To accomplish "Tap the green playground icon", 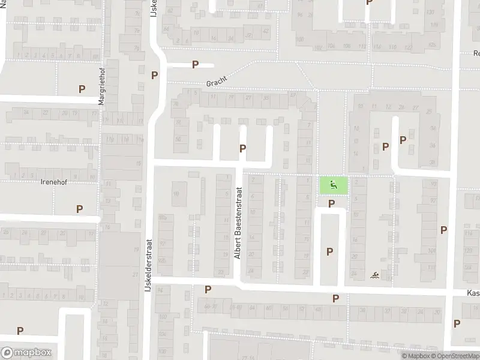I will tap(333, 185).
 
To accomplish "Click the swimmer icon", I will tap(374, 275).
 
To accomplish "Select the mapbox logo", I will tap(26, 353).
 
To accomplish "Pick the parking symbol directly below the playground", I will tap(331, 204).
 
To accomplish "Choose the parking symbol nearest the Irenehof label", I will tap(79, 209).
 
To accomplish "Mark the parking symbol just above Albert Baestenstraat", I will tap(242, 148).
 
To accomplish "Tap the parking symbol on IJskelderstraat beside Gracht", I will tap(155, 76).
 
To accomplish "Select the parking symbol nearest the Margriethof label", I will tap(82, 89).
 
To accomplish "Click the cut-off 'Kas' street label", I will tap(473, 293).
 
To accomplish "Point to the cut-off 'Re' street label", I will tap(475, 53).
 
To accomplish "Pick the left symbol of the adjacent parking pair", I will tap(386, 146).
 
